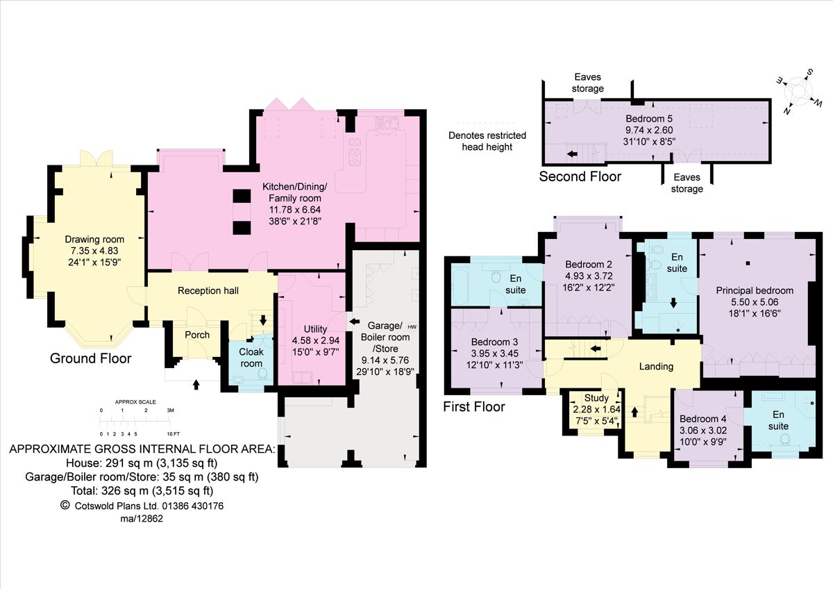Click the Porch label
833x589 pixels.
[x=197, y=335]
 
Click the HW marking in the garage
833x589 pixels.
[x=412, y=326]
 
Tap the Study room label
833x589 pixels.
[x=596, y=398]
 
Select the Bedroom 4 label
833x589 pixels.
[x=702, y=419]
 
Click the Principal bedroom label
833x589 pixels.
[x=755, y=290]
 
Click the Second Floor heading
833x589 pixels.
[x=580, y=176]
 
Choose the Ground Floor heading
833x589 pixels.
[x=90, y=358]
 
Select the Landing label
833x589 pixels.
[x=655, y=366]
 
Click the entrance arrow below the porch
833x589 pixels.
[x=196, y=383]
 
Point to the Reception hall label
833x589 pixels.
[x=208, y=290]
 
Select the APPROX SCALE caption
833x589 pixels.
[x=135, y=402]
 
